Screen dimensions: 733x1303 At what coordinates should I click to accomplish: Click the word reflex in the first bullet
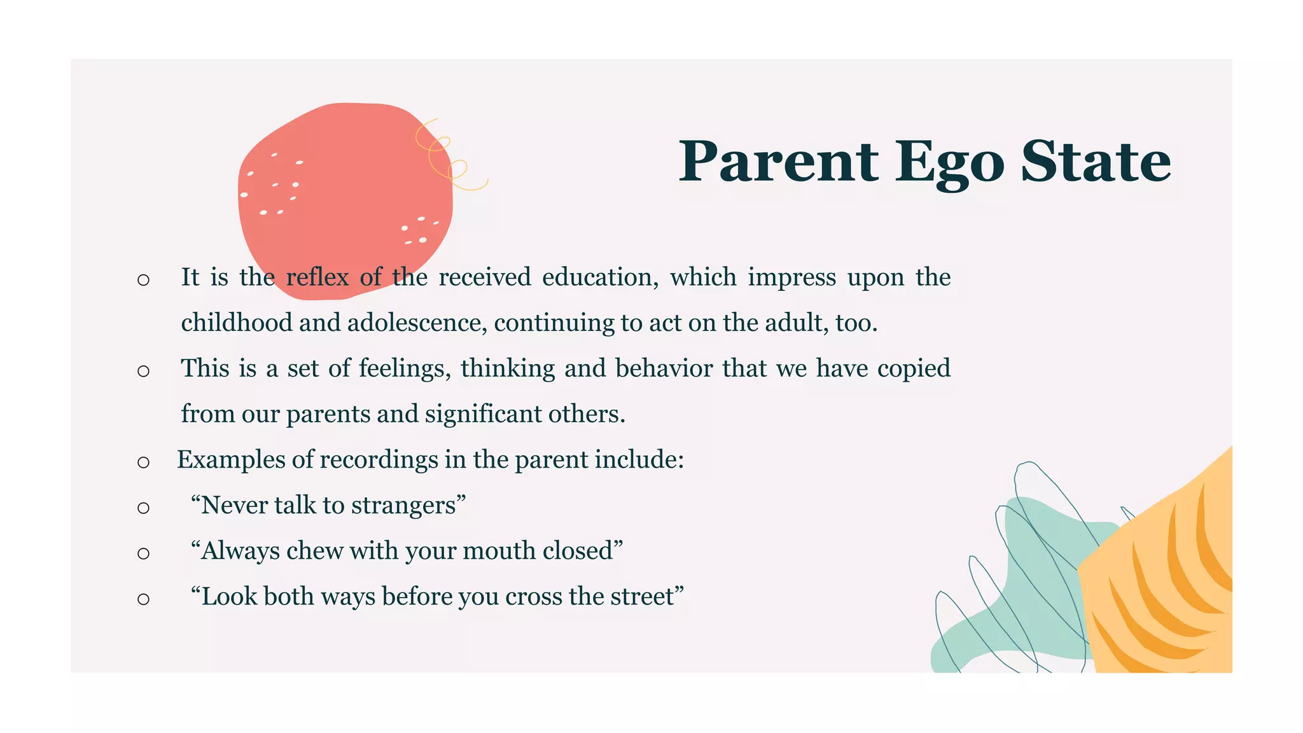pos(317,277)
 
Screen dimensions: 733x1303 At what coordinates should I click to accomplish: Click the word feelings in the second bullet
pos(405,368)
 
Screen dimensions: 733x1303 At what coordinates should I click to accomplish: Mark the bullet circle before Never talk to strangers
pos(143,508)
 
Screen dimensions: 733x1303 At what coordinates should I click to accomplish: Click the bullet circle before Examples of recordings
pos(143,462)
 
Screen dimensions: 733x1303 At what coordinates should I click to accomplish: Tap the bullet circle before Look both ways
pos(143,599)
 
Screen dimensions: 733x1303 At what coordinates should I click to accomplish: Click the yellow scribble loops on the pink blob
pos(448,157)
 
